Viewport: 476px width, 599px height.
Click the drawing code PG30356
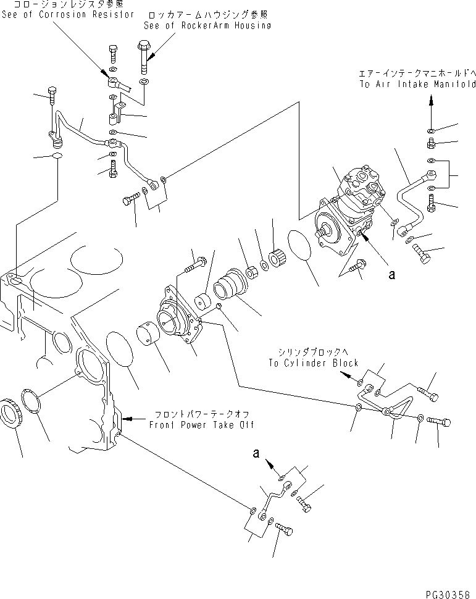click(449, 593)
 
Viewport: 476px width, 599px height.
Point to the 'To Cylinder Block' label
click(313, 363)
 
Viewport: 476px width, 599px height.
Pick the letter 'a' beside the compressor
click(391, 275)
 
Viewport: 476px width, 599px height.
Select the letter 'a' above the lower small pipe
click(256, 453)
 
